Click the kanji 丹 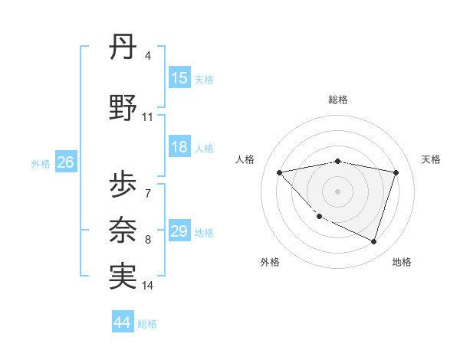(123, 50)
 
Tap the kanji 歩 (123, 185)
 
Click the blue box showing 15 (179, 78)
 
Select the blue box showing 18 (179, 148)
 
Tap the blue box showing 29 (179, 231)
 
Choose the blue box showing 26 (65, 162)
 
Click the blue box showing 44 (123, 322)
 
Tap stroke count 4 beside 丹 (147, 56)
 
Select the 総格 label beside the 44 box (148, 324)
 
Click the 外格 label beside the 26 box (41, 163)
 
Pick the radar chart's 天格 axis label (432, 159)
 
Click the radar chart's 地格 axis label (402, 262)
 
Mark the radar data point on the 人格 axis (280, 172)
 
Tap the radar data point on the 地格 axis (373, 242)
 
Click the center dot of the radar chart (337, 191)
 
